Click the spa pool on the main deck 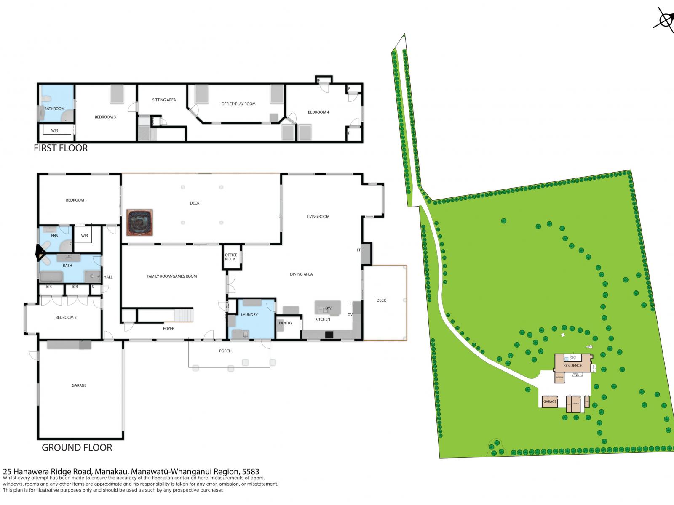tap(139, 222)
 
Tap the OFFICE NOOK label tap(231, 257)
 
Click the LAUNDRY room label tap(249, 315)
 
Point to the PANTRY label tap(286, 323)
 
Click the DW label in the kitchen tap(328, 308)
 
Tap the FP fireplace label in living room tap(359, 250)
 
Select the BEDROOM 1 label tap(76, 200)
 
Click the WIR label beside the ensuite tap(85, 236)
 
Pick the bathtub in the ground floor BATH tap(51, 276)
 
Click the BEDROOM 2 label tap(66, 317)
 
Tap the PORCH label tap(225, 351)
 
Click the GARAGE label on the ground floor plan tap(79, 385)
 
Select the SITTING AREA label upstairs tap(164, 100)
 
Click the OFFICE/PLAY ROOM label tap(238, 104)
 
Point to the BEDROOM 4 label tap(318, 112)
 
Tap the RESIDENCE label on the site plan tap(572, 365)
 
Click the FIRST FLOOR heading tap(61, 148)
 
